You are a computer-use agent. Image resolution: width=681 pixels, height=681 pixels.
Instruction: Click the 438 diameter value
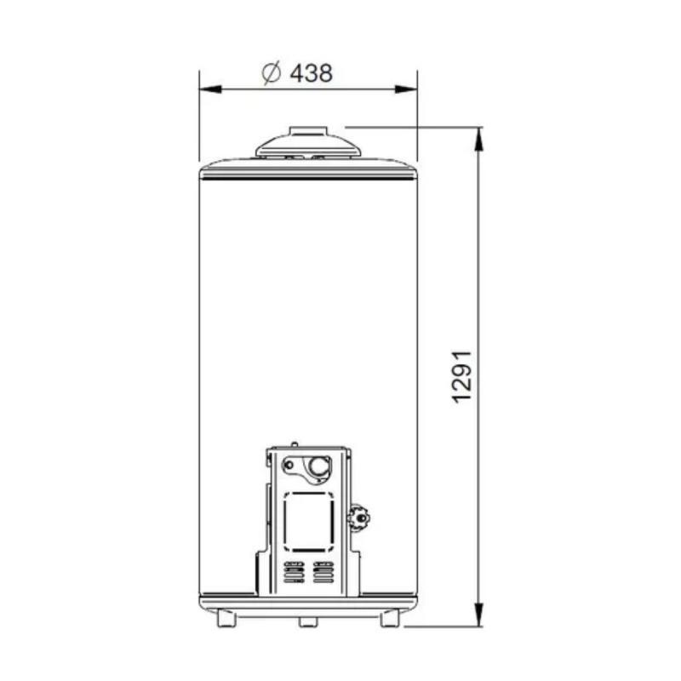[311, 73]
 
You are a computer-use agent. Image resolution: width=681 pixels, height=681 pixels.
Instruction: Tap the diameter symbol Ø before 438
[272, 73]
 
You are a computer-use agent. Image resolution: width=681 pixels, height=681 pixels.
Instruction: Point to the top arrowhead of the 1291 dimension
[480, 135]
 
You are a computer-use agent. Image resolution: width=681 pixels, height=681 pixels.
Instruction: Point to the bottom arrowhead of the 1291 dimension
[480, 619]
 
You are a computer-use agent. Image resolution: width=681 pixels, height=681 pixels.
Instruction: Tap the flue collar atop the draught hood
[308, 131]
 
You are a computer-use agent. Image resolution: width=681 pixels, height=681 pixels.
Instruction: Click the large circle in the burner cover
[319, 466]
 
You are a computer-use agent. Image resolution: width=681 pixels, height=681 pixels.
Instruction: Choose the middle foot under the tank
[308, 621]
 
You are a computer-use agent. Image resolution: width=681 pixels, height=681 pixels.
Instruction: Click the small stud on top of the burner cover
[294, 444]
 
